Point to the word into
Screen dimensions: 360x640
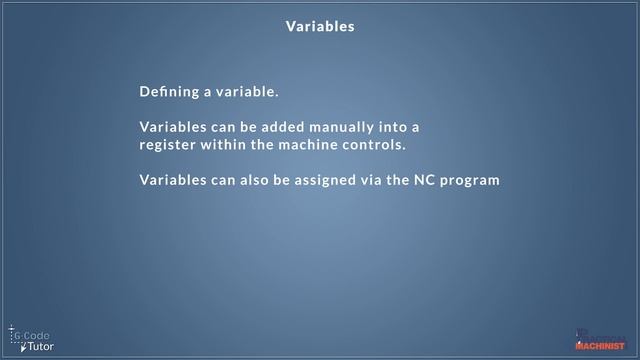[x=406, y=128]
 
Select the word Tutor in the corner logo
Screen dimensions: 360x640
[x=41, y=346]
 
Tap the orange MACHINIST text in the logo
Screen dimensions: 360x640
[x=599, y=346]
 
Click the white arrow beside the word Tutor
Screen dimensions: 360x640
[x=22, y=345]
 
